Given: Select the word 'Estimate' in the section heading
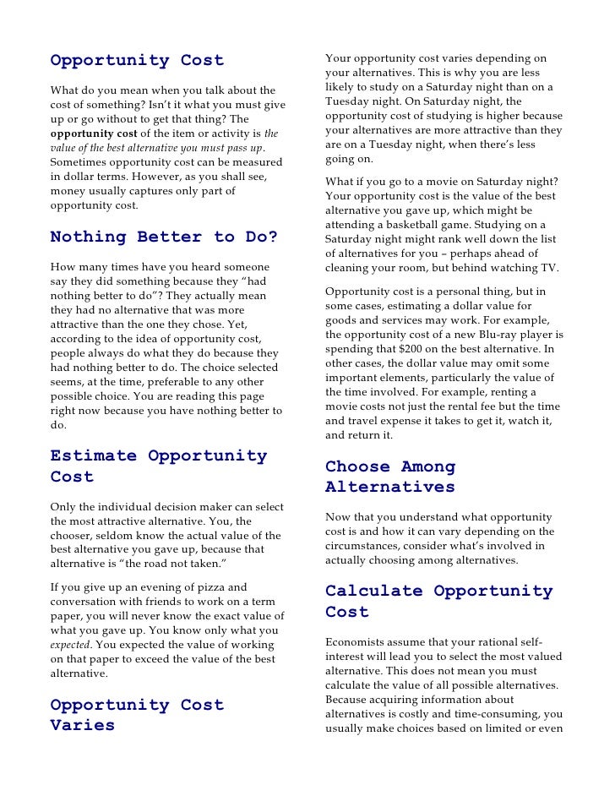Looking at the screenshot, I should point(93,455).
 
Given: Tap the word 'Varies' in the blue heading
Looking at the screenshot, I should point(83,726).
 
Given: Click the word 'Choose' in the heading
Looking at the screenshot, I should point(356,466).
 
